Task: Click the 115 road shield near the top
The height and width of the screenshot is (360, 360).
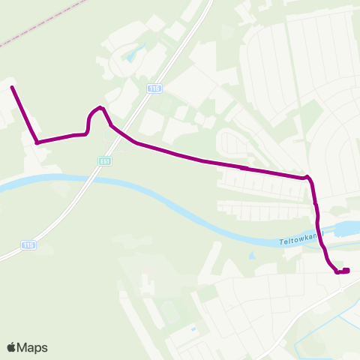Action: [x=154, y=88]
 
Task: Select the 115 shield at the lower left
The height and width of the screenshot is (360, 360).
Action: [x=28, y=244]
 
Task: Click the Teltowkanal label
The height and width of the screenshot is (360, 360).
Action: [x=299, y=241]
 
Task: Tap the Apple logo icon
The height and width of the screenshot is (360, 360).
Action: [x=12, y=347]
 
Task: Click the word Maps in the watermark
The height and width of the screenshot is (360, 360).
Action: [x=33, y=347]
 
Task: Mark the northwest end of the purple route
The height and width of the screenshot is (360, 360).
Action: [x=12, y=88]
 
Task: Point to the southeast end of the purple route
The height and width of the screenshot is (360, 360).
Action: [x=346, y=271]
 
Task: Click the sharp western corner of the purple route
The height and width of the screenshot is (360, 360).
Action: [x=37, y=142]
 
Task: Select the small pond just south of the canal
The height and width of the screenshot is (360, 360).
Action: [x=250, y=256]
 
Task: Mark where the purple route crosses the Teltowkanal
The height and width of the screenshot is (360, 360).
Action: [x=320, y=232]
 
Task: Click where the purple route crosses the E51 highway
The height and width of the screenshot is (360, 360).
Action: [x=120, y=132]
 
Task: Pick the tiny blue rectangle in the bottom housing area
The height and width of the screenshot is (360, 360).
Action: [x=194, y=328]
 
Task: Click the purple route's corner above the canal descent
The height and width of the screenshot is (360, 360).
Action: [x=307, y=178]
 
